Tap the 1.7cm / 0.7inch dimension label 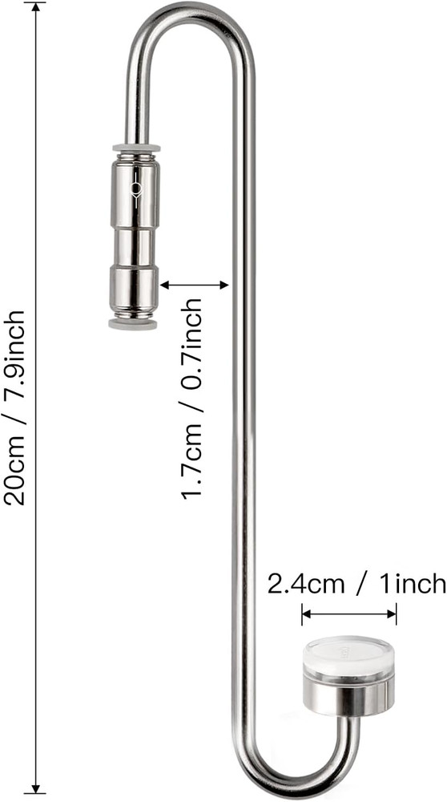click(193, 399)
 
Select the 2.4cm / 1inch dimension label click(356, 584)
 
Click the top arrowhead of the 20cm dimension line click(35, 8)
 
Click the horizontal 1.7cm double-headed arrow click(195, 284)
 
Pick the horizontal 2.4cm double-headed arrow click(349, 616)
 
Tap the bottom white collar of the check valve click(133, 323)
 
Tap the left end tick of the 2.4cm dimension click(302, 616)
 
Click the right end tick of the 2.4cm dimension click(397, 616)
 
